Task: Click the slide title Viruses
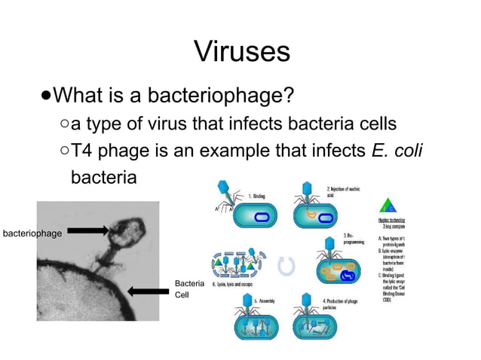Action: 241,50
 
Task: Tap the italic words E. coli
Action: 397,151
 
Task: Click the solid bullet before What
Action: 47,96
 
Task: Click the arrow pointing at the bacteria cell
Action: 148,291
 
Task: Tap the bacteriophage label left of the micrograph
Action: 31,233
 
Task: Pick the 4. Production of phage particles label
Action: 344,304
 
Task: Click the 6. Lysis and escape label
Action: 233,285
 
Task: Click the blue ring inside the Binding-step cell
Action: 261,218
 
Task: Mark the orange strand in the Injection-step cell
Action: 309,218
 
